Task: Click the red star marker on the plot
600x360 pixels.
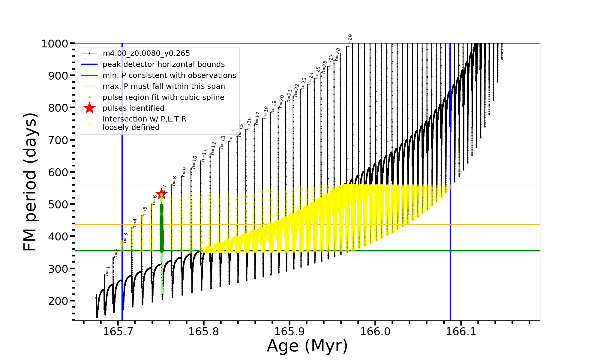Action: pos(161,193)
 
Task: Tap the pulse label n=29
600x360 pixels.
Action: pos(350,40)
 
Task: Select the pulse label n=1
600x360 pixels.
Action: pos(108,271)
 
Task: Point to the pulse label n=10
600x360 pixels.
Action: pos(194,162)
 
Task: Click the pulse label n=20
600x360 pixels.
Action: pos(281,101)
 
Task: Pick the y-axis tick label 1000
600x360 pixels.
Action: pos(55,44)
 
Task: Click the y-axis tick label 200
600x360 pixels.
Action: pos(58,301)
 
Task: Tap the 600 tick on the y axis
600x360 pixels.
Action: pos(58,172)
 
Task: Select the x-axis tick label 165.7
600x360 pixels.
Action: pos(118,331)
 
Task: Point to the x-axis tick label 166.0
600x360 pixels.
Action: pos(375,331)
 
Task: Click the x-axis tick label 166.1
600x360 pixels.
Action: pos(461,331)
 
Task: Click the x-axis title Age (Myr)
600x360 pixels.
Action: pos(307,346)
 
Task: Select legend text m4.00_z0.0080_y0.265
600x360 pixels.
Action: pos(146,53)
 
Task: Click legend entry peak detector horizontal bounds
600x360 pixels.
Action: pos(163,64)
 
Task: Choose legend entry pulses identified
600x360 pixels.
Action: pos(133,108)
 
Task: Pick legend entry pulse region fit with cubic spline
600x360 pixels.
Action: pos(163,97)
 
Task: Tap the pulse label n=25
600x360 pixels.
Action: pos(318,73)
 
